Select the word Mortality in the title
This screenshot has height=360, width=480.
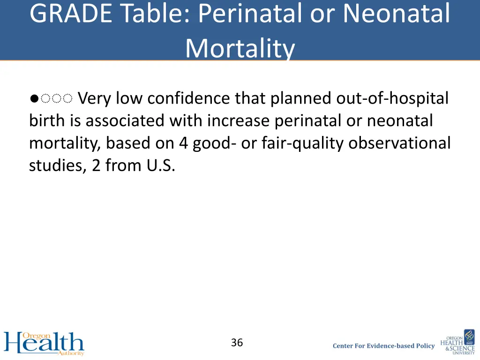[x=240, y=48]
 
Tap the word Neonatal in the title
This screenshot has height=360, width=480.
[x=396, y=14]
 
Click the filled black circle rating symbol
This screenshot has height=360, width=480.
[x=33, y=99]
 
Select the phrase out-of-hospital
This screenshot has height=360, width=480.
[x=392, y=99]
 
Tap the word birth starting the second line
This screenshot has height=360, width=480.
[x=48, y=121]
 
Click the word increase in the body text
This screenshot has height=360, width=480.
[x=239, y=121]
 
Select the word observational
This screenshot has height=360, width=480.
[x=399, y=143]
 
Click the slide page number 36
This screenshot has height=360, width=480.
[x=237, y=343]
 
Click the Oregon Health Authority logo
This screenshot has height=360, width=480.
[x=44, y=343]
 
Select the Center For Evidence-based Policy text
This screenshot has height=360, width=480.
[x=383, y=346]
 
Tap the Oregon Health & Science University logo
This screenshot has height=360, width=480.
[x=457, y=342]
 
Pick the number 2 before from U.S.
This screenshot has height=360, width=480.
[x=96, y=165]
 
